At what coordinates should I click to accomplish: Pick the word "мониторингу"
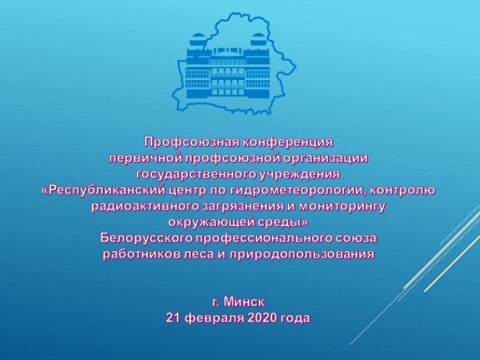click(x=341, y=206)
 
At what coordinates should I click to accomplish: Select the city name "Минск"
click(x=244, y=302)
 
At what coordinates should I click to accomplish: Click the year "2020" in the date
click(x=260, y=318)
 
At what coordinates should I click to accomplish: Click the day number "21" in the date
click(x=173, y=318)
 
